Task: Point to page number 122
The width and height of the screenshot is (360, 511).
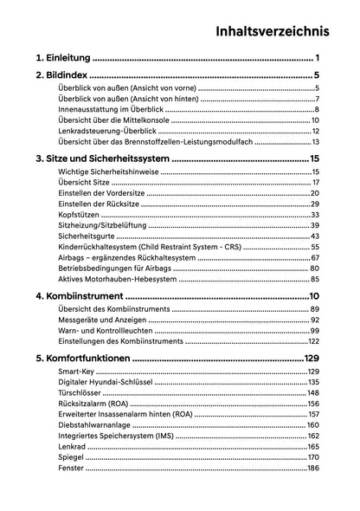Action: (313, 341)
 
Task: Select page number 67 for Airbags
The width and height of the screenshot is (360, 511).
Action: (316, 257)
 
